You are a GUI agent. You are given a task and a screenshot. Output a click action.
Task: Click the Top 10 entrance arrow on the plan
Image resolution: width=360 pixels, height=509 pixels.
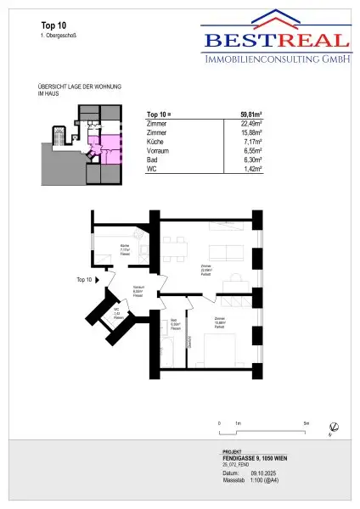point(100,279)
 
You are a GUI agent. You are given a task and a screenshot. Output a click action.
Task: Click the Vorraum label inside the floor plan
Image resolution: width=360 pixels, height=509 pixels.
point(138,288)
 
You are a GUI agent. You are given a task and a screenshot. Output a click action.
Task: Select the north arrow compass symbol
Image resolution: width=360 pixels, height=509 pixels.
point(334,426)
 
